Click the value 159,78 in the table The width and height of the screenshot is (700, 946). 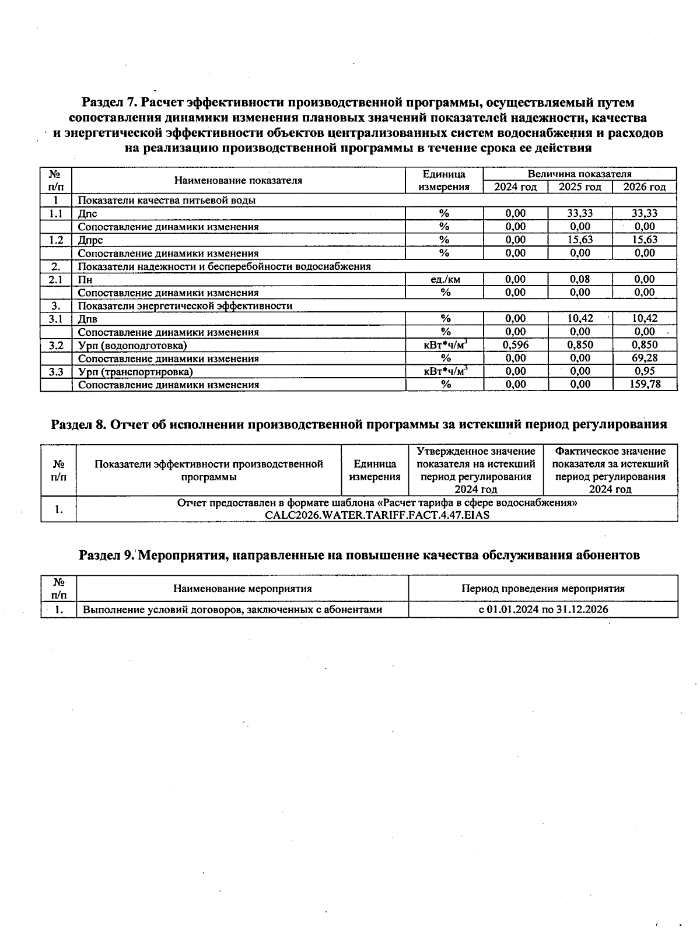pyautogui.click(x=645, y=384)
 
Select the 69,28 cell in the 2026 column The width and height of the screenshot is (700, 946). pyautogui.click(x=645, y=358)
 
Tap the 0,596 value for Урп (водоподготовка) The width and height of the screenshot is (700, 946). pyautogui.click(x=515, y=344)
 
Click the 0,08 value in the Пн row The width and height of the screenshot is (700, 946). pyautogui.click(x=580, y=279)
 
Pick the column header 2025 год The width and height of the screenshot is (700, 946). pyautogui.click(x=580, y=187)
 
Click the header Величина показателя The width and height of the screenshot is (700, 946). pyautogui.click(x=579, y=174)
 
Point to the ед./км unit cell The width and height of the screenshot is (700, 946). pyautogui.click(x=444, y=279)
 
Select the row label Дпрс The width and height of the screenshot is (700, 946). pyautogui.click(x=90, y=240)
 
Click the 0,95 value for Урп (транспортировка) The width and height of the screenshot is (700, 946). pyautogui.click(x=645, y=371)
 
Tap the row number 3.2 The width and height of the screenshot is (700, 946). pyautogui.click(x=56, y=345)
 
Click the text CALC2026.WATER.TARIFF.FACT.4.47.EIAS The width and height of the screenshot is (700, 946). pyautogui.click(x=377, y=515)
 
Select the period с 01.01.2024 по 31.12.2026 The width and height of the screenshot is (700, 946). pyautogui.click(x=543, y=609)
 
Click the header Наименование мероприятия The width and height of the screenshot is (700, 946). pyautogui.click(x=242, y=588)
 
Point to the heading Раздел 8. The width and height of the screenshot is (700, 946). pyautogui.click(x=79, y=424)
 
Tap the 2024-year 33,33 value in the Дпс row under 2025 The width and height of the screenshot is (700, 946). pyautogui.click(x=580, y=213)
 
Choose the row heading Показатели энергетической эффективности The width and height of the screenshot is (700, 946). pyautogui.click(x=185, y=305)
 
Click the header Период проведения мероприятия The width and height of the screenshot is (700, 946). pyautogui.click(x=543, y=588)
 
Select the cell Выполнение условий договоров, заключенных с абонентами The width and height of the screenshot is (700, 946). pyautogui.click(x=232, y=610)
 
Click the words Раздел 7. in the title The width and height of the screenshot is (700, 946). pyautogui.click(x=110, y=103)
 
